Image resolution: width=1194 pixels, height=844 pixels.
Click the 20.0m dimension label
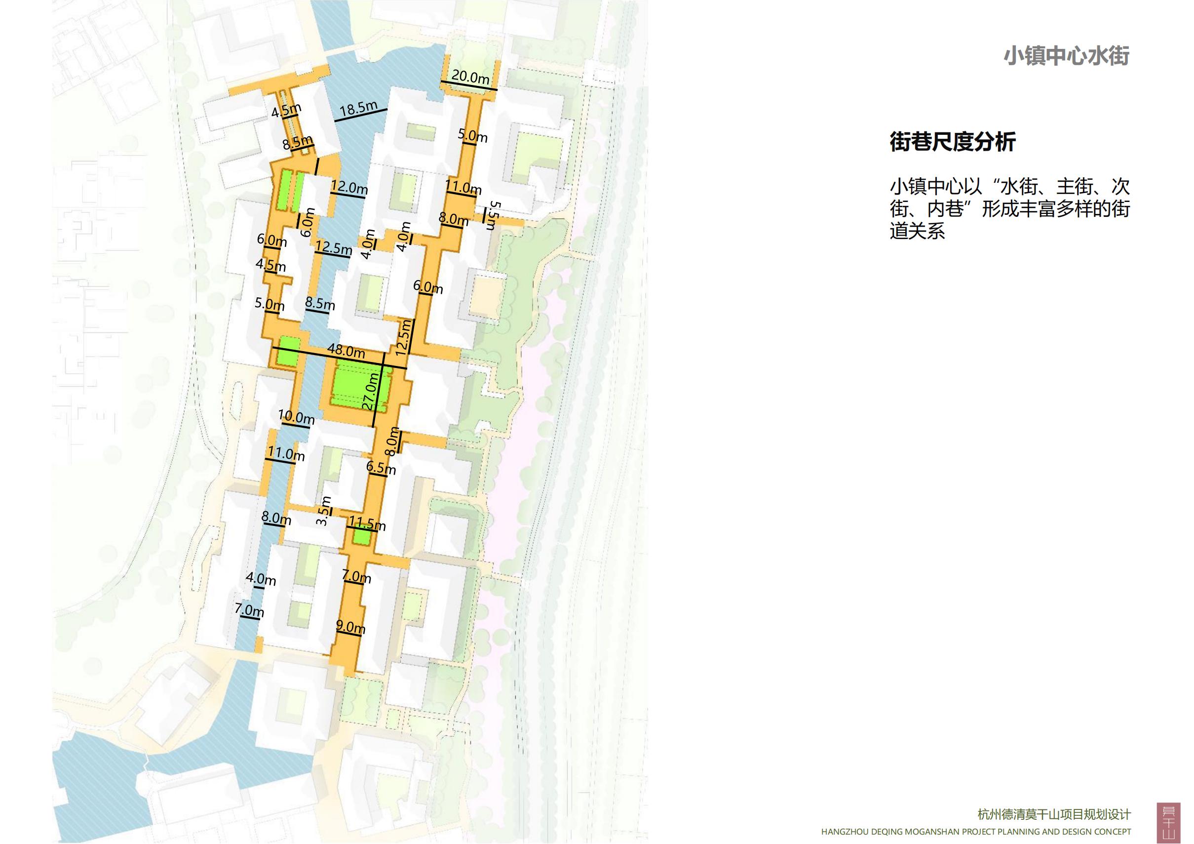click(470, 77)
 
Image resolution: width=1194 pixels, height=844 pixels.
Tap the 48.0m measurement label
click(346, 351)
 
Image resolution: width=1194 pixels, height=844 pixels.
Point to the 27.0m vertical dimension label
click(370, 390)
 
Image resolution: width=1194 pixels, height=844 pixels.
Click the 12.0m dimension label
click(349, 187)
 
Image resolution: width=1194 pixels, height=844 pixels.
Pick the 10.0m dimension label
click(296, 417)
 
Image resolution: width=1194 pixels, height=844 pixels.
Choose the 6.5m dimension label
click(381, 467)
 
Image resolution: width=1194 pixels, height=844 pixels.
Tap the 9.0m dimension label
click(350, 627)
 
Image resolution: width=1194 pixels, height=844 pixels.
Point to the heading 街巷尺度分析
click(953, 142)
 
